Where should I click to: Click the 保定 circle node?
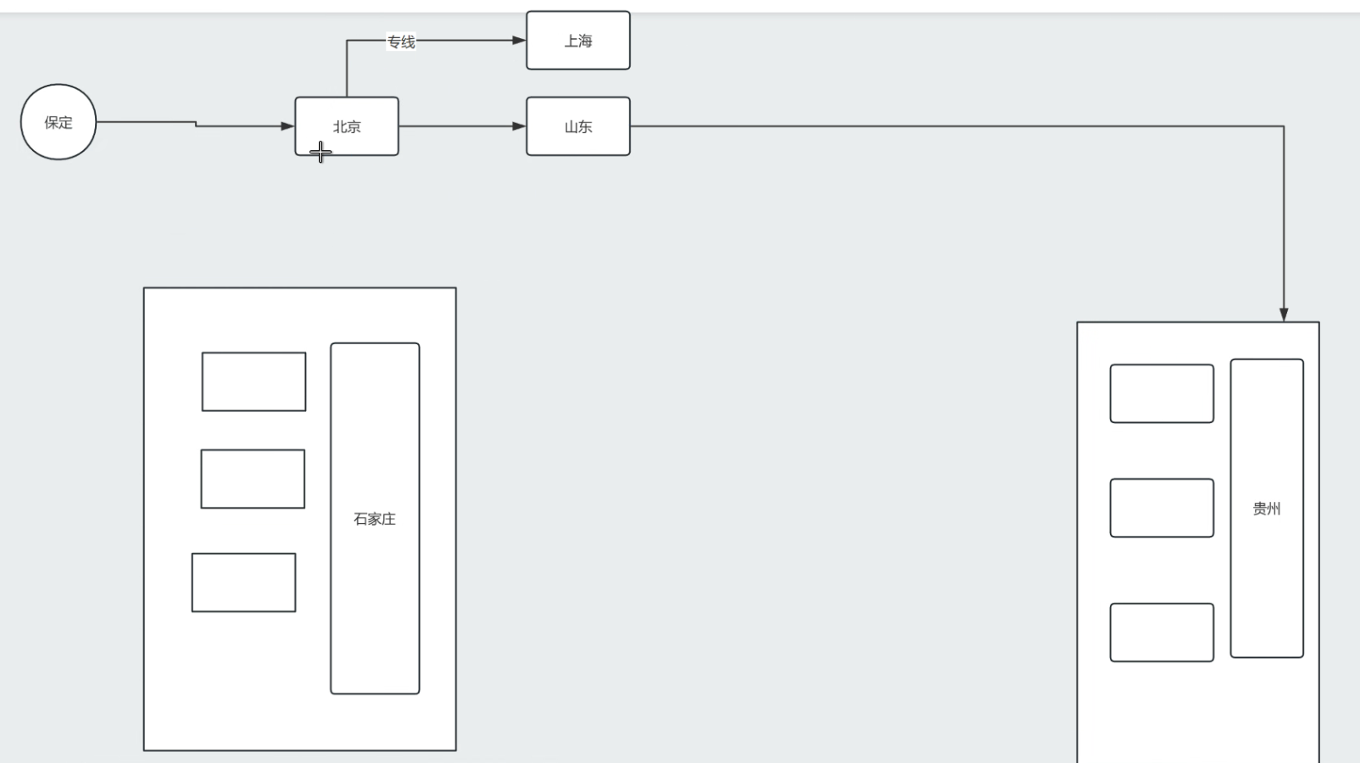pyautogui.click(x=59, y=122)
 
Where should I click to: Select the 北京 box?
pyautogui.click(x=347, y=126)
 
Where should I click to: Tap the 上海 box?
pyautogui.click(x=578, y=41)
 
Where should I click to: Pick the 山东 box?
pyautogui.click(x=578, y=126)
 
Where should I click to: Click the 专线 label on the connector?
pyautogui.click(x=401, y=42)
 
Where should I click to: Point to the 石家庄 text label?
pyautogui.click(x=375, y=519)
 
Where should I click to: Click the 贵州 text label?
pyautogui.click(x=1267, y=509)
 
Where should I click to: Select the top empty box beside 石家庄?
pyautogui.click(x=254, y=381)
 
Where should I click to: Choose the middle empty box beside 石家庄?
pyautogui.click(x=253, y=479)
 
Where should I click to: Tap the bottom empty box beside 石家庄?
pyautogui.click(x=243, y=582)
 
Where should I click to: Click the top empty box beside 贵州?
pyautogui.click(x=1162, y=393)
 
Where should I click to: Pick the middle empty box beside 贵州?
pyautogui.click(x=1162, y=508)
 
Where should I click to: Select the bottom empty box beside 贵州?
pyautogui.click(x=1162, y=632)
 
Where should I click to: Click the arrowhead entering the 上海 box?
pyautogui.click(x=519, y=40)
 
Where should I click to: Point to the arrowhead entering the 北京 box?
pyautogui.click(x=287, y=126)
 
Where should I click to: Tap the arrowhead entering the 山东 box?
pyautogui.click(x=519, y=126)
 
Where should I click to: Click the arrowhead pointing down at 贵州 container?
pyautogui.click(x=1284, y=315)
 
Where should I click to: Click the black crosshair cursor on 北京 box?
pyautogui.click(x=320, y=153)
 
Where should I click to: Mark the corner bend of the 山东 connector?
pyautogui.click(x=1284, y=126)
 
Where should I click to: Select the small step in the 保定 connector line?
pyautogui.click(x=196, y=125)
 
